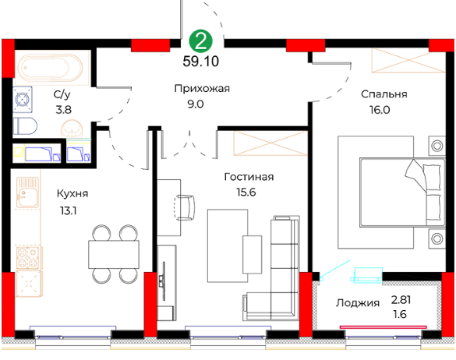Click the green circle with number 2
200,41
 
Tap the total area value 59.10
200,62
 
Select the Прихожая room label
202,88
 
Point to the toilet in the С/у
25,126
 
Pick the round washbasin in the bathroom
72,129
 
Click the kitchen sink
27,192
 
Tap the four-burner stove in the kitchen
27,258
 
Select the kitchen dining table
114,254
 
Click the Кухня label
72,193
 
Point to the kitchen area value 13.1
69,210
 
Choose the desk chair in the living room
185,208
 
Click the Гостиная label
249,177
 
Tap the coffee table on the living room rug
252,255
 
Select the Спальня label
384,94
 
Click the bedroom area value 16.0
380,110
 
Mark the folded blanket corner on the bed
415,175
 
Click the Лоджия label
358,303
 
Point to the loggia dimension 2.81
401,300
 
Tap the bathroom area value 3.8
63,110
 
